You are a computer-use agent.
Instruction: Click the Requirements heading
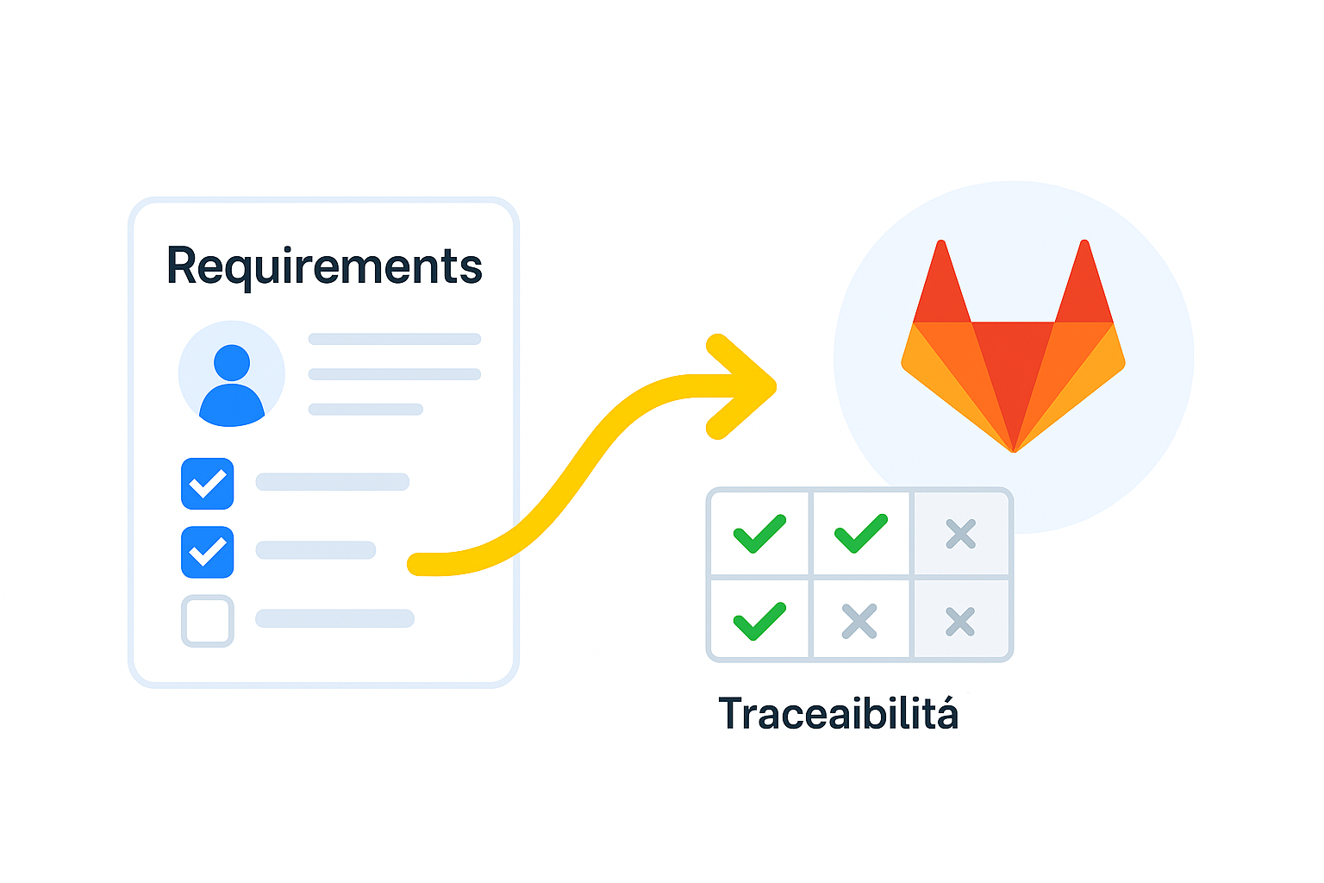click(324, 266)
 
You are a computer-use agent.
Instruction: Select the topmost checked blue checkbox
click(207, 484)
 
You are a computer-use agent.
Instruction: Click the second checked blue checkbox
click(207, 552)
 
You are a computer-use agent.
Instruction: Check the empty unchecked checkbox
click(207, 621)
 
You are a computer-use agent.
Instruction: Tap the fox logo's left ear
click(941, 285)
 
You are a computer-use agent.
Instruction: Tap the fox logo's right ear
click(1084, 285)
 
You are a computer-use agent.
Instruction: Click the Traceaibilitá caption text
click(838, 714)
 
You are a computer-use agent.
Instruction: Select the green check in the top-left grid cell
click(759, 534)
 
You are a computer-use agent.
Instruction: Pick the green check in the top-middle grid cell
click(860, 534)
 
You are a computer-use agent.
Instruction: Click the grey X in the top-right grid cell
click(960, 535)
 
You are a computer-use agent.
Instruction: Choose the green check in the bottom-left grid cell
click(759, 621)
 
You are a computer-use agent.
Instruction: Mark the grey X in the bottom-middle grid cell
click(859, 621)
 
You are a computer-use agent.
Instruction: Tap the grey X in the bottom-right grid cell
click(960, 622)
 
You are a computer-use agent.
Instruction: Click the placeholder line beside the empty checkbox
click(334, 618)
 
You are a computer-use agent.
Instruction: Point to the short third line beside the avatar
click(365, 410)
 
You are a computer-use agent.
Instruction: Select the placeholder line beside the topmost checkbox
click(332, 482)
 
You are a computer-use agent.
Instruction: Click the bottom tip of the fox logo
click(1014, 448)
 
